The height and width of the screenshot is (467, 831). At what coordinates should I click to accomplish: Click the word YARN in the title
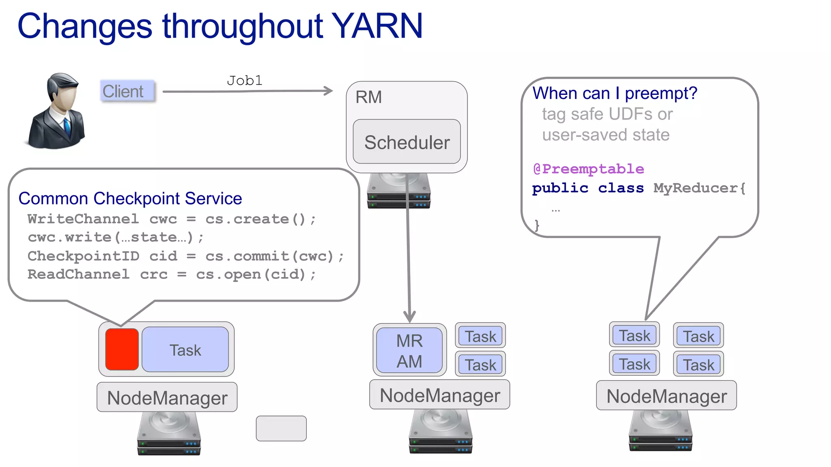[x=377, y=26]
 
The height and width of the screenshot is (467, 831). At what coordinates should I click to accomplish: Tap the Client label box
[x=127, y=91]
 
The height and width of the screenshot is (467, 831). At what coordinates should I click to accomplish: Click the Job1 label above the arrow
[x=244, y=81]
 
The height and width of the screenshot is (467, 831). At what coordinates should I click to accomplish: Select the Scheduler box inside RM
[x=407, y=142]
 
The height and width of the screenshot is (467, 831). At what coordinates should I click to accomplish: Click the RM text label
[x=368, y=97]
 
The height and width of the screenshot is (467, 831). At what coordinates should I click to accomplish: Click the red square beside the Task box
[x=122, y=349]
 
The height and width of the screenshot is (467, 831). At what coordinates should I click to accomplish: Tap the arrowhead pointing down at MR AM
[x=409, y=317]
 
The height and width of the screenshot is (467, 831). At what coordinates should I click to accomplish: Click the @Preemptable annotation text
[x=588, y=169]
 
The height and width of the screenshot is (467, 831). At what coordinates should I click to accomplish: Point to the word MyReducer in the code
[x=695, y=188]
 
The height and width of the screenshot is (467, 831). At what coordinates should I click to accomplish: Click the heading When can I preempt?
[x=614, y=93]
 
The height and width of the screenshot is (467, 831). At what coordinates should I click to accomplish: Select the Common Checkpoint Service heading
[x=130, y=199]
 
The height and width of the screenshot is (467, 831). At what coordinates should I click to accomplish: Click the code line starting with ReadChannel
[x=171, y=274]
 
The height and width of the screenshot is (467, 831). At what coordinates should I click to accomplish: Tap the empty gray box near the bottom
[x=281, y=428]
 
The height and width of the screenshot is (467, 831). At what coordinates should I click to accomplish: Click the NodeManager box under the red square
[x=167, y=397]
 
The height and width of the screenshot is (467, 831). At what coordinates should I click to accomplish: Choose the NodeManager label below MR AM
[x=439, y=395]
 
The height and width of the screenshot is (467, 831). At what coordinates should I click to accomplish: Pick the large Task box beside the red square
[x=185, y=350]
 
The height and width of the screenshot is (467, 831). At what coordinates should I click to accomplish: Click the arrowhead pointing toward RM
[x=328, y=91]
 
